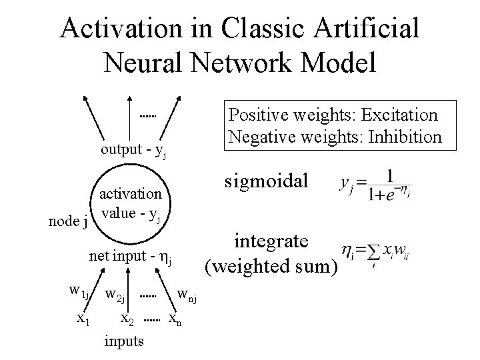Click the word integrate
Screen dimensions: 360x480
(271, 241)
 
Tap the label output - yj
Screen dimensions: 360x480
(133, 149)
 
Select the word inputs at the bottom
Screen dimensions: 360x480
(124, 341)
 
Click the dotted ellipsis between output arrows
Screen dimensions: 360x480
(148, 117)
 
